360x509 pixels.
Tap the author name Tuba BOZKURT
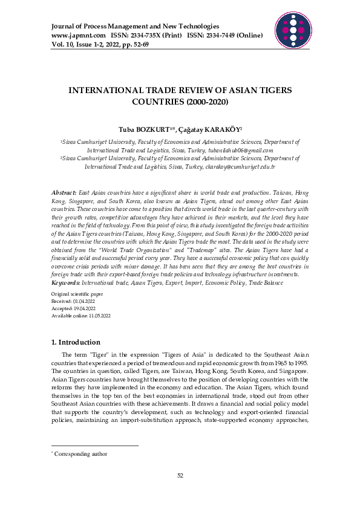click(143, 129)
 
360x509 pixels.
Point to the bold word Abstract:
click(64, 192)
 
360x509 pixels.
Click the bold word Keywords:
click(67, 282)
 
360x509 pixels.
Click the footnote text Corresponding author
click(80, 453)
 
